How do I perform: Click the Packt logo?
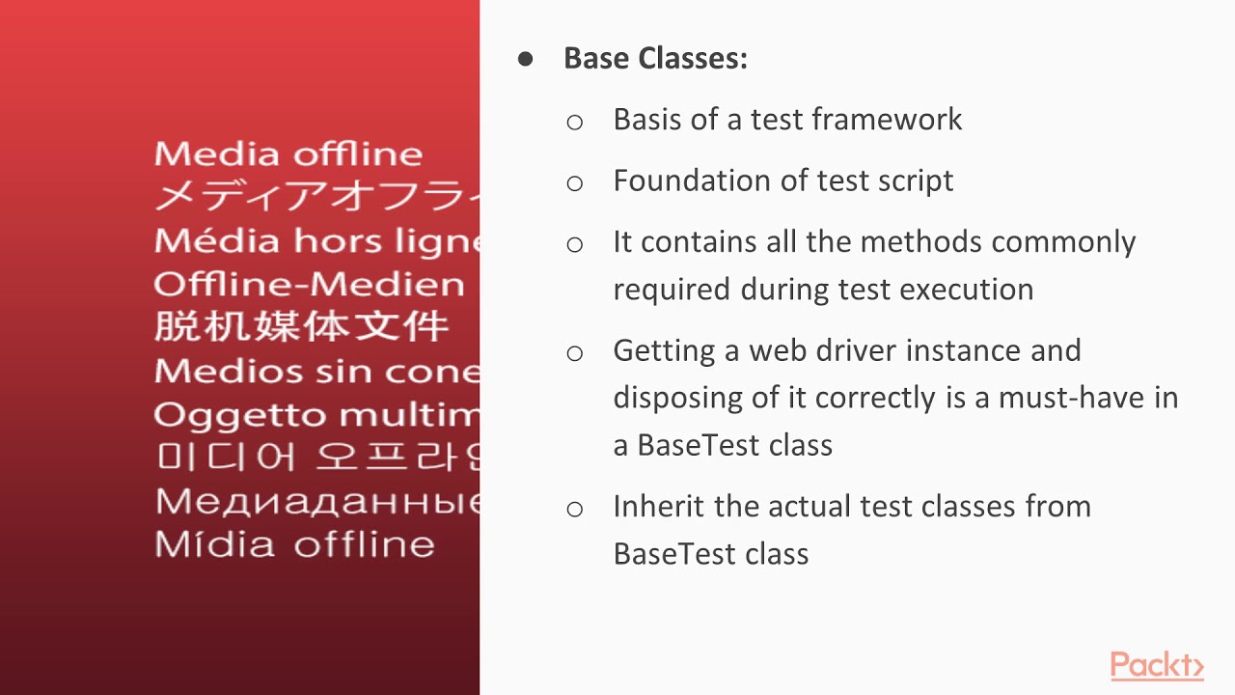coord(1156,666)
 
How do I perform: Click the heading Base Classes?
coord(655,58)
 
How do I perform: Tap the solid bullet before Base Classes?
coord(526,59)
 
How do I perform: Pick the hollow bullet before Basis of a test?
coord(575,122)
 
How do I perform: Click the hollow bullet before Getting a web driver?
coord(575,353)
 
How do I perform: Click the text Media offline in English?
coord(288,154)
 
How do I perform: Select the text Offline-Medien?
coord(309,285)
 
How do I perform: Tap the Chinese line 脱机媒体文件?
coord(301,326)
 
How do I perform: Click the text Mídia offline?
coord(294,544)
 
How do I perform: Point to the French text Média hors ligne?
coord(316,240)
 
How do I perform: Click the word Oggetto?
coord(224,415)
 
